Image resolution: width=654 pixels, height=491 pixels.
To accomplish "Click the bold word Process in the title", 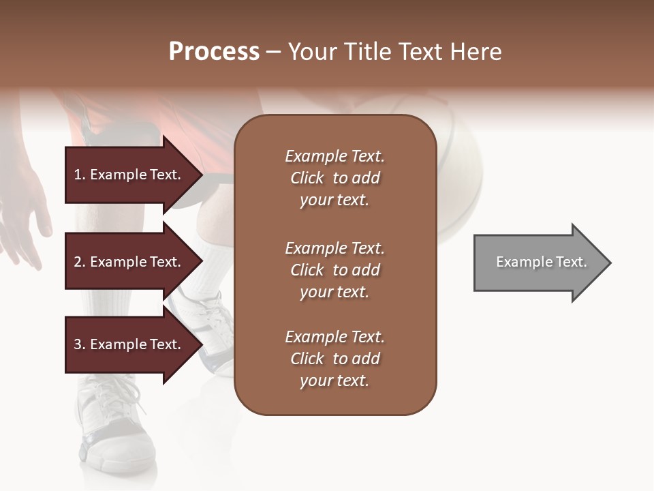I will (214, 52).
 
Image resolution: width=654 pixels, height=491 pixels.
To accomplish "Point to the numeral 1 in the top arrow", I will (77, 175).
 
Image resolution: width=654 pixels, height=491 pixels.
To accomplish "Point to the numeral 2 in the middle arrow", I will (78, 262).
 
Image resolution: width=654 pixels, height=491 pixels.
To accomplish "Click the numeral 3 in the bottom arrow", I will (78, 344).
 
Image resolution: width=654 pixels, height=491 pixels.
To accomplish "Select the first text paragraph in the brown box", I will (334, 178).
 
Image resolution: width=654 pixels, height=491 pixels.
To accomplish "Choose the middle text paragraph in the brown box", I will (334, 270).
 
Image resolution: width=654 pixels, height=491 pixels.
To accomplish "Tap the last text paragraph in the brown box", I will (334, 359).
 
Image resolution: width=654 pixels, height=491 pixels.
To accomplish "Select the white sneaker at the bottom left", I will (112, 423).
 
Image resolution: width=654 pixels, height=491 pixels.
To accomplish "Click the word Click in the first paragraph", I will (307, 178).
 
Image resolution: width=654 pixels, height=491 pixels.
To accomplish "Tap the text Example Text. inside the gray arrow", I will (541, 262).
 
